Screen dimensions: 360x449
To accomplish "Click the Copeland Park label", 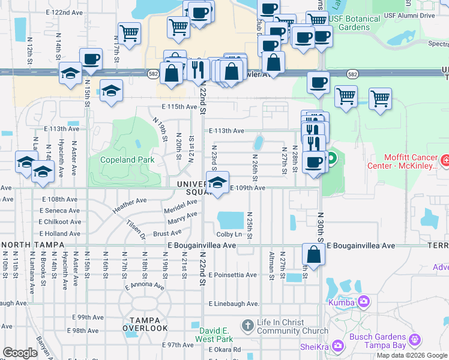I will (119, 160).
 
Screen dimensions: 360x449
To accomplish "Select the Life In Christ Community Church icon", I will (247, 326).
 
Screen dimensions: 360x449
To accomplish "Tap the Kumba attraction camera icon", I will (363, 302).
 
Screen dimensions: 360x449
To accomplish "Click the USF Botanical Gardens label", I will (355, 23).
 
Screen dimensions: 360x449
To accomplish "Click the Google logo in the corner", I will (20, 353).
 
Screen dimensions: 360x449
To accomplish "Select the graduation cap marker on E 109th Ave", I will (218, 182).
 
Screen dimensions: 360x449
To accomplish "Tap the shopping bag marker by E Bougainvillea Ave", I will (313, 254).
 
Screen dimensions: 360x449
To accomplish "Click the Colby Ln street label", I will (230, 234).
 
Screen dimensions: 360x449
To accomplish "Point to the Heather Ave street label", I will (130, 205).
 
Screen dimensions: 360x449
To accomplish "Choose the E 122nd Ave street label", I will (63, 12).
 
